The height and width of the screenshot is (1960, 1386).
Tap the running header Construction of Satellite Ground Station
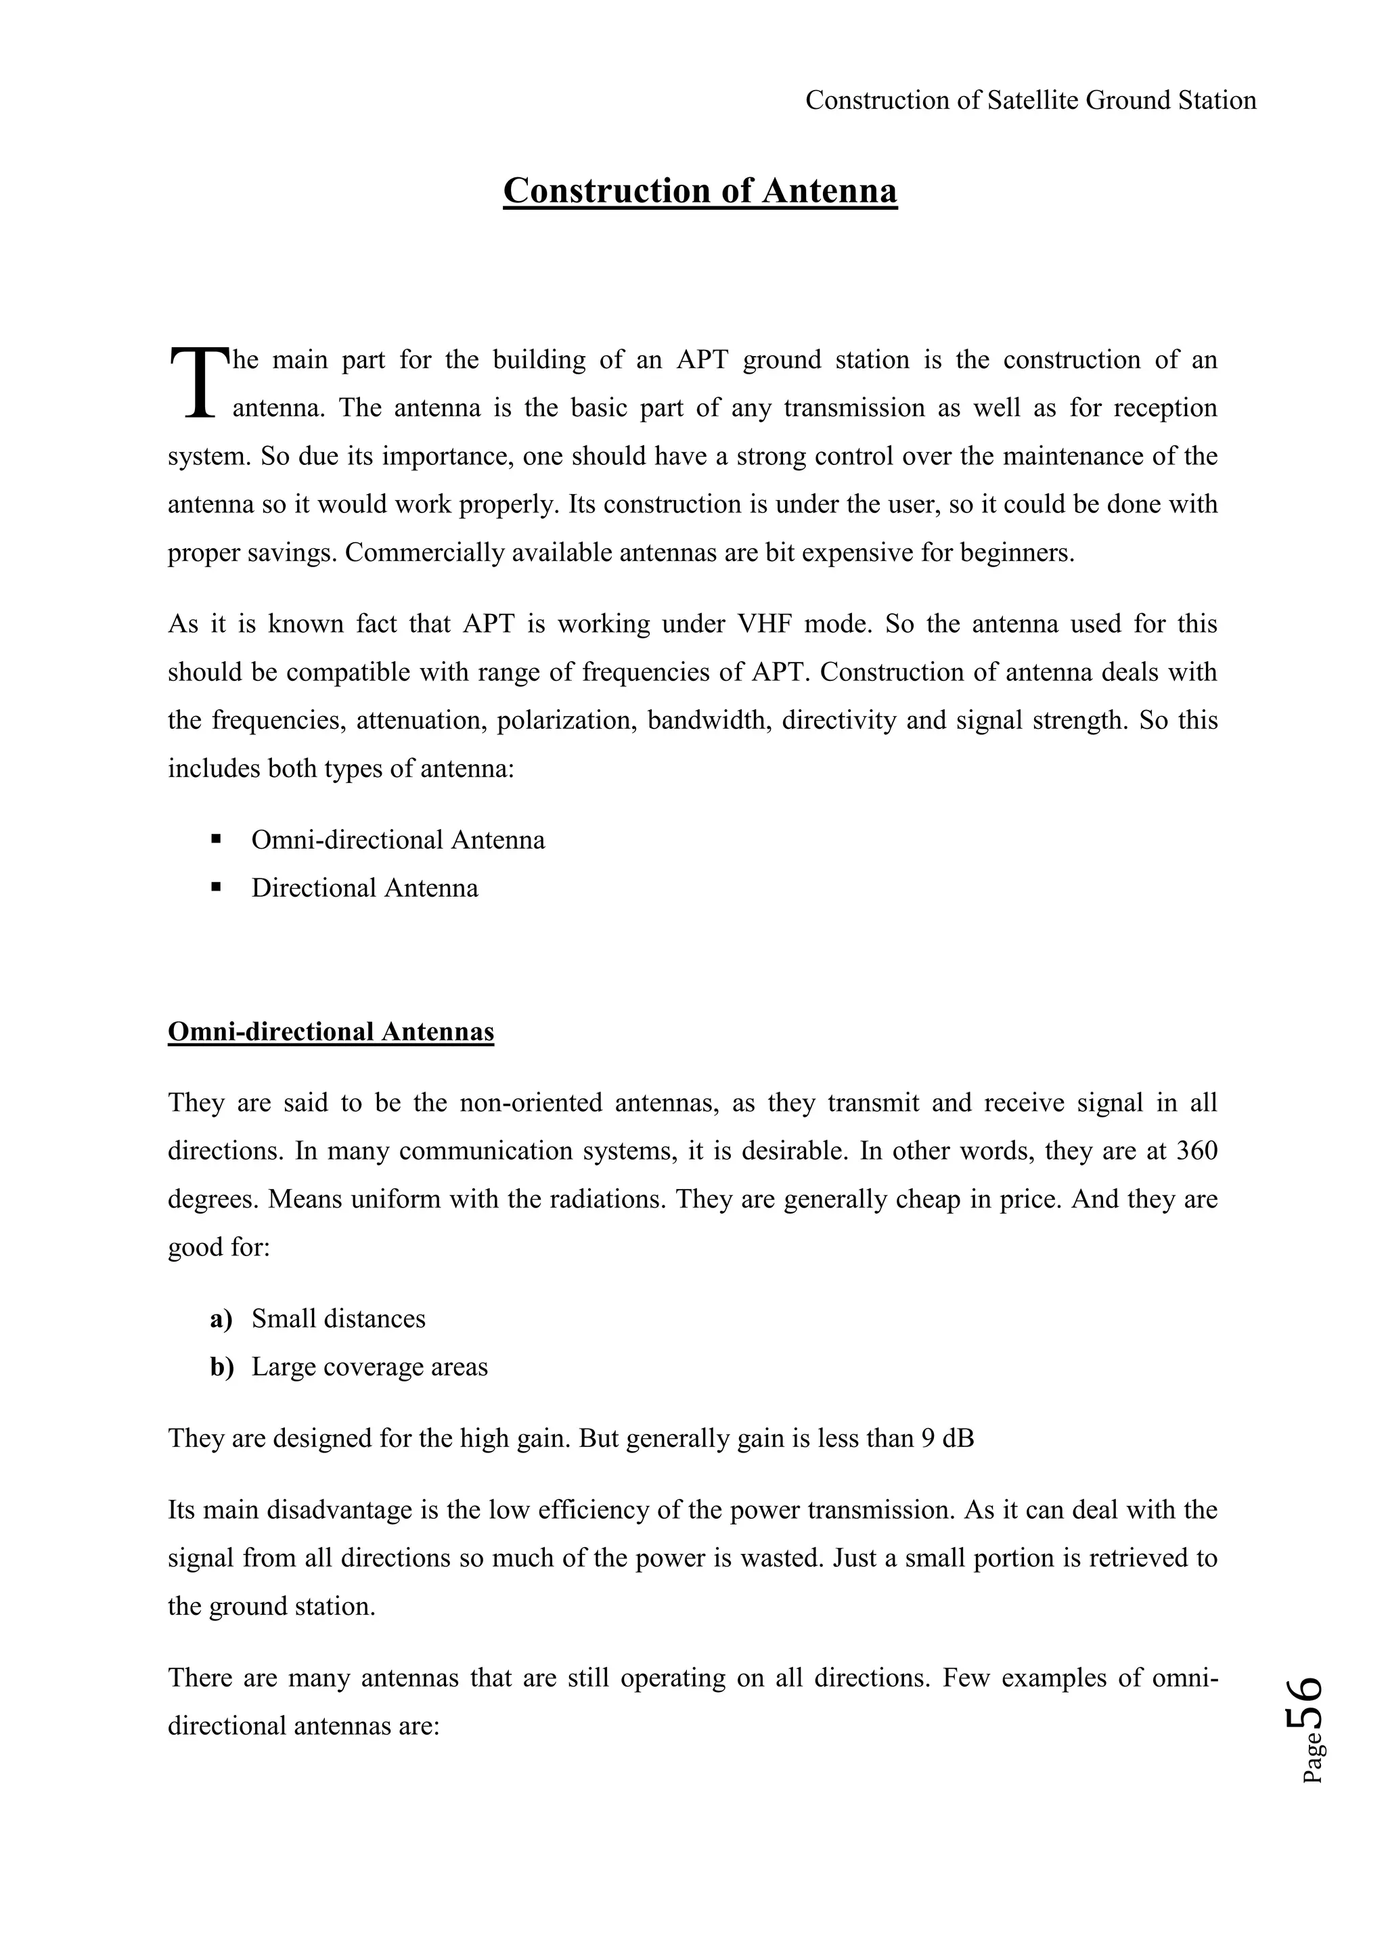[1030, 101]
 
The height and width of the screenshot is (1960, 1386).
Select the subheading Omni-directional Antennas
[331, 1031]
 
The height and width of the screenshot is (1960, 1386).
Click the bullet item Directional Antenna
[364, 888]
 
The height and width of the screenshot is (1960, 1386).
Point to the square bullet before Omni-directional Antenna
[215, 839]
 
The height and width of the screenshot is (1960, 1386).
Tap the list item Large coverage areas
[370, 1366]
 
